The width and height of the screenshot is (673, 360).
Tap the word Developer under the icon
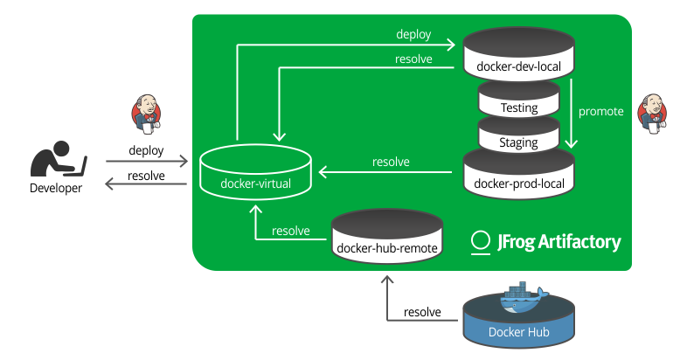coord(56,188)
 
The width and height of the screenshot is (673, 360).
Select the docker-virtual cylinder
coord(255,174)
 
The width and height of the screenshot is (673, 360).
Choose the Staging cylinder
coord(519,137)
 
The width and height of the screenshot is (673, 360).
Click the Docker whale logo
coord(521,299)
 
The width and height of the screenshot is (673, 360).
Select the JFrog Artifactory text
coord(559,241)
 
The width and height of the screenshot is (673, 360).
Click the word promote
coord(601,112)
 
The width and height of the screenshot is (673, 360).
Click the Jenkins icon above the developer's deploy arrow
coord(146,112)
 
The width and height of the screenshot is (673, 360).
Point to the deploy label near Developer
coord(146,150)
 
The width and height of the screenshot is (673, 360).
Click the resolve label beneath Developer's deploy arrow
coord(146,176)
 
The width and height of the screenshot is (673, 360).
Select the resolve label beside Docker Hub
coord(422,313)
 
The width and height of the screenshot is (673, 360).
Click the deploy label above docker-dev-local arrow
coord(413,34)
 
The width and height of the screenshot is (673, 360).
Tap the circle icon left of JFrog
coord(480,241)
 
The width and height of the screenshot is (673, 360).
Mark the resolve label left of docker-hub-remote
coord(291,231)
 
